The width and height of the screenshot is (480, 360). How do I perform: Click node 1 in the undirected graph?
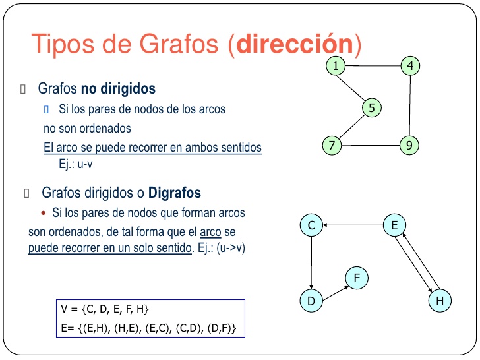[x=336, y=65]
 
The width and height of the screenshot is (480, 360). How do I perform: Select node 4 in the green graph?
[x=410, y=65]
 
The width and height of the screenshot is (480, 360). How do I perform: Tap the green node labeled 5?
[x=372, y=107]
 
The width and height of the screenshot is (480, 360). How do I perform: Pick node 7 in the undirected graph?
[x=332, y=146]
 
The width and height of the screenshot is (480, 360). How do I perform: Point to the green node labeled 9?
[x=409, y=146]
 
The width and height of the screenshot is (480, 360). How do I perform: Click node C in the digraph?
[x=311, y=225]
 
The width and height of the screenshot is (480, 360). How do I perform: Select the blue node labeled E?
[x=394, y=225]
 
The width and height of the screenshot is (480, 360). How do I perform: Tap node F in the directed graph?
[x=356, y=278]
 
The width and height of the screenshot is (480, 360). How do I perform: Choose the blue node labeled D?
[x=311, y=301]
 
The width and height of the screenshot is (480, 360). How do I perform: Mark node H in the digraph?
[x=439, y=301]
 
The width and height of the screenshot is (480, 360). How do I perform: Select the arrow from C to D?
[x=311, y=263]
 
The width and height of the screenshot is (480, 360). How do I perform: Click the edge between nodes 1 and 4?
[x=373, y=66]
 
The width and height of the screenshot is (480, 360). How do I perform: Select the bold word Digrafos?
[x=175, y=193]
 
